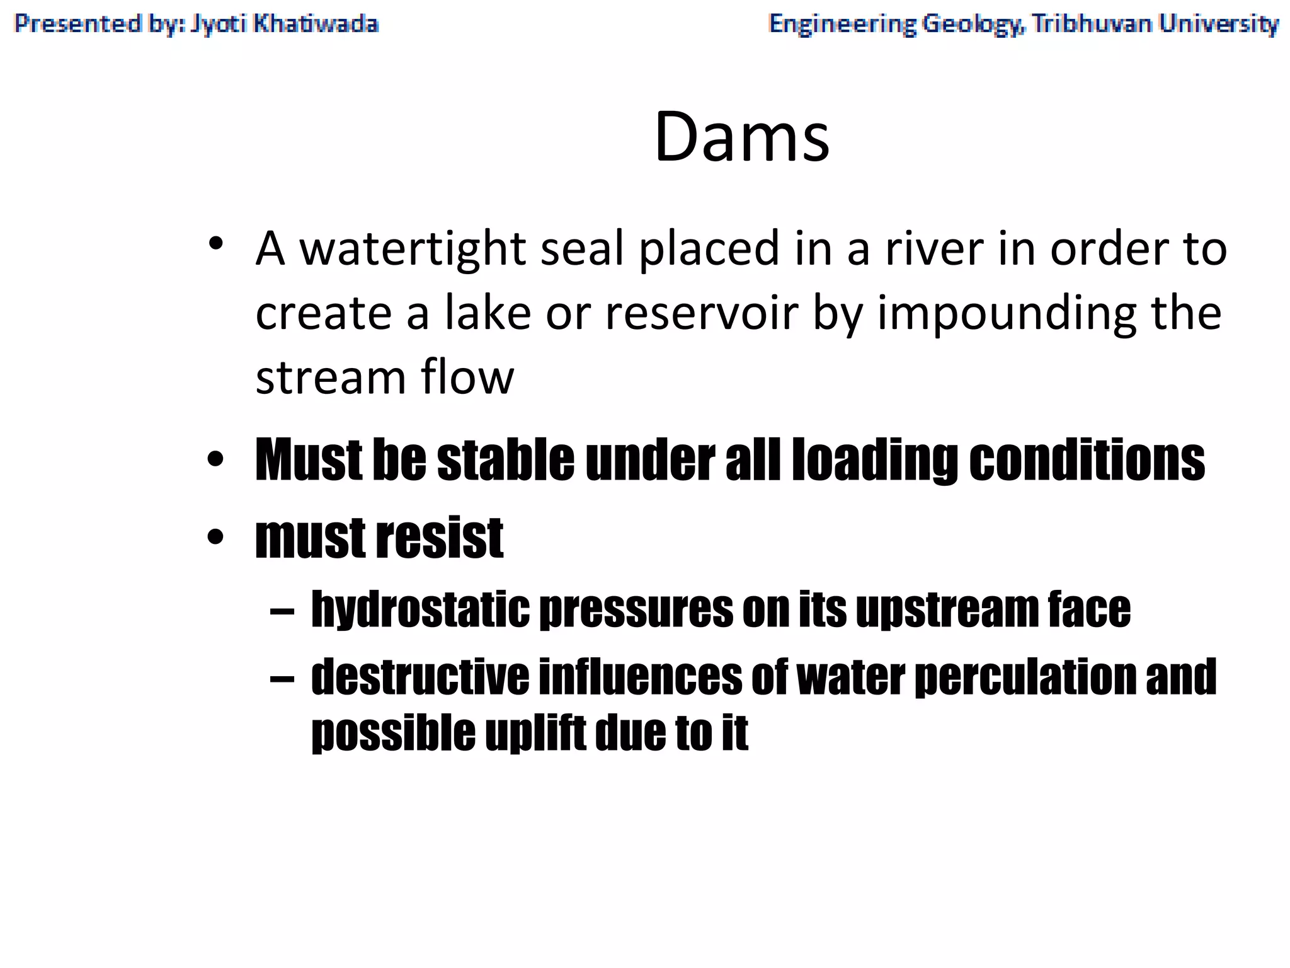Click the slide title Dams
pos(742,137)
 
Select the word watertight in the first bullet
pos(412,249)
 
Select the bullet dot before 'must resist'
pos(215,538)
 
